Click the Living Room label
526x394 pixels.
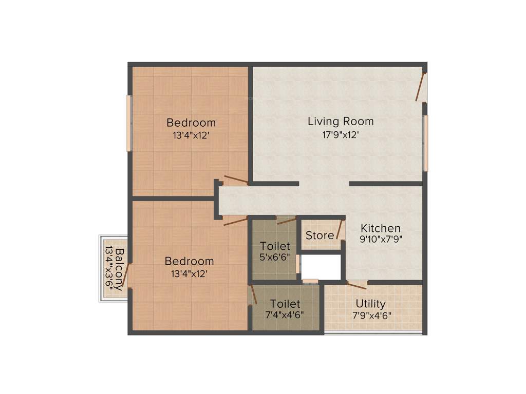(341, 122)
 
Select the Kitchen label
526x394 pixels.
(381, 228)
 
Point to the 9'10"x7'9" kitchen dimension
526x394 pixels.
(381, 239)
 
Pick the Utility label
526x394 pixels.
(370, 304)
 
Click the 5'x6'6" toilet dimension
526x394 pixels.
(275, 257)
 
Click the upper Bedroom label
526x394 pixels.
(191, 123)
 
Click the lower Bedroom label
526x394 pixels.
(189, 261)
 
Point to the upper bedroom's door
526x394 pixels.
(236, 180)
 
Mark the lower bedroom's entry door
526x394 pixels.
(235, 221)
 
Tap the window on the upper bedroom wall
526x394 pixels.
(129, 123)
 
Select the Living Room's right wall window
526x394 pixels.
(425, 143)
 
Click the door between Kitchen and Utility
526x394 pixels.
(356, 285)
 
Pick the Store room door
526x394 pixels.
(340, 229)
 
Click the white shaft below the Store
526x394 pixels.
(321, 266)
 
